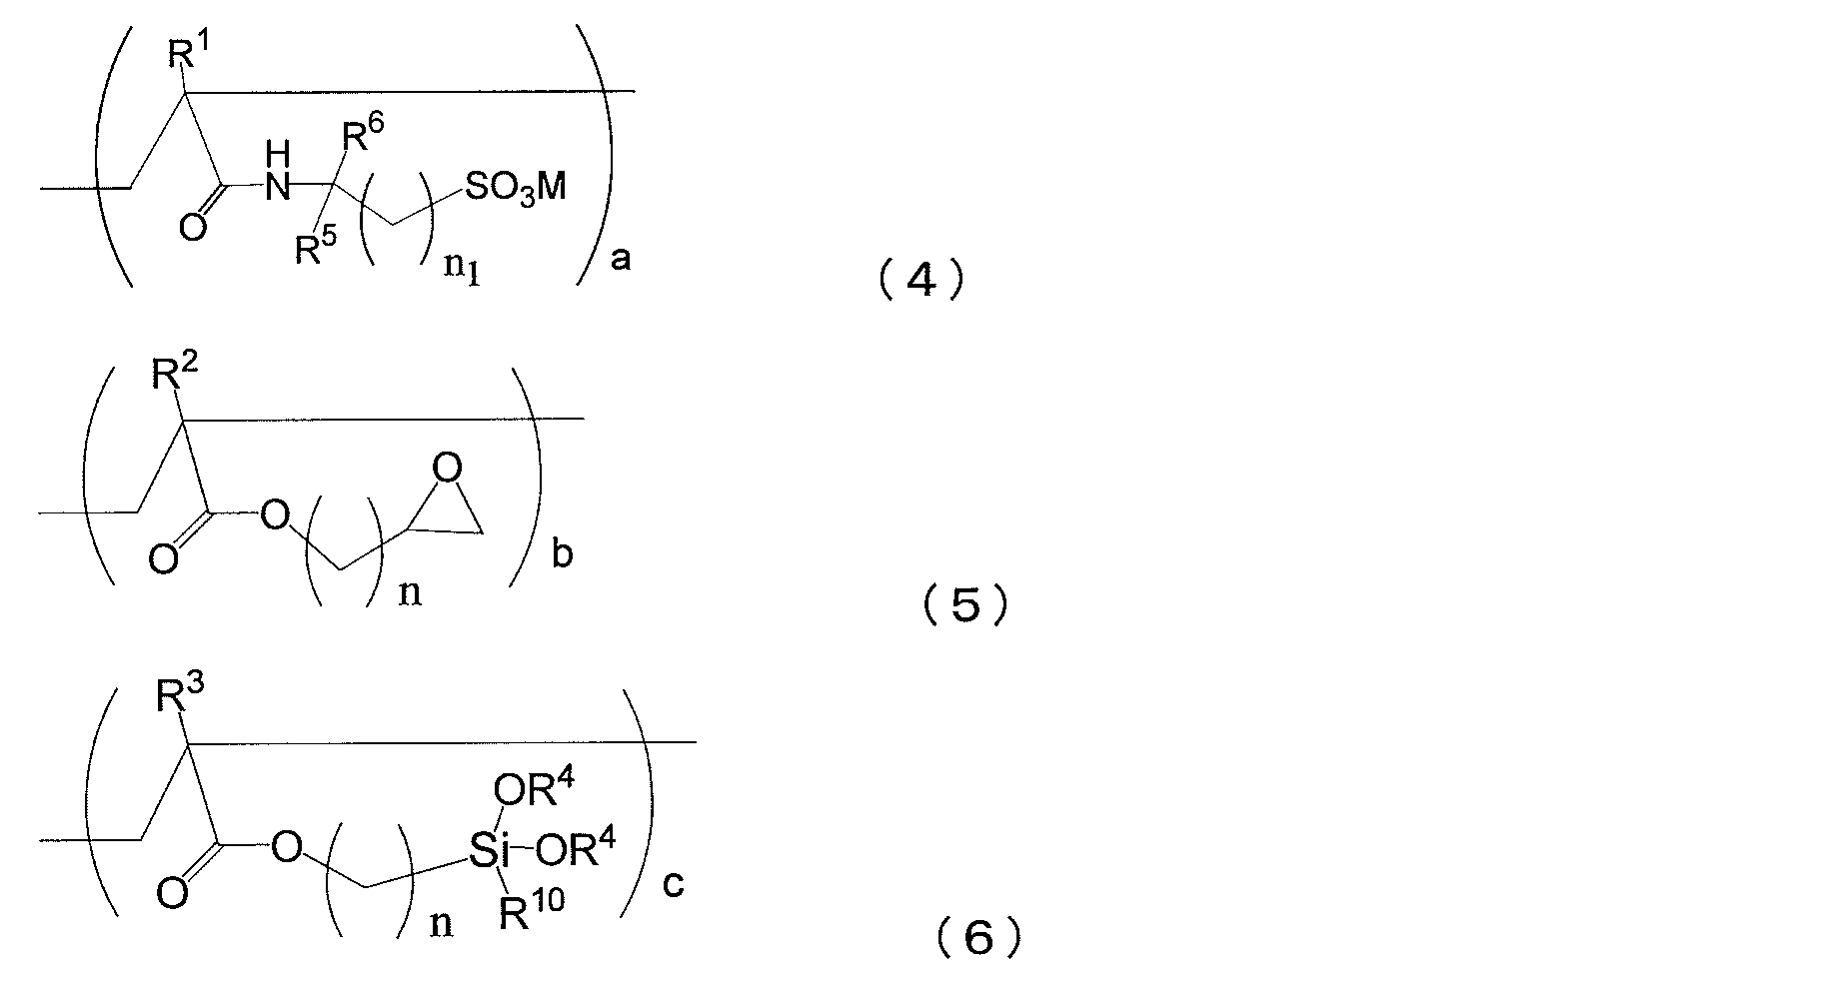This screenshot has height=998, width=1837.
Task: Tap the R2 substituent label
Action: [x=175, y=377]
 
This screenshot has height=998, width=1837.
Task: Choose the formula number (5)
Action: [x=964, y=606]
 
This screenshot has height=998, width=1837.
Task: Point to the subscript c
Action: [x=674, y=885]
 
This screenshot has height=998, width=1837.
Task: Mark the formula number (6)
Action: [x=977, y=939]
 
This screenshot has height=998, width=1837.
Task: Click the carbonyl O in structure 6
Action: [x=172, y=892]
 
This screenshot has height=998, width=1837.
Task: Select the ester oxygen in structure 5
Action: [x=273, y=516]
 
